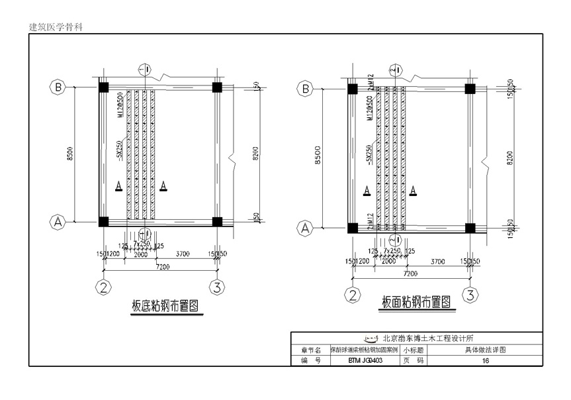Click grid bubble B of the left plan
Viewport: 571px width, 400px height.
point(58,87)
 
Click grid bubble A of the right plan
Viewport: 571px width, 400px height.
point(306,228)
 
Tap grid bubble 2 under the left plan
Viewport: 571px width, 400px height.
point(104,287)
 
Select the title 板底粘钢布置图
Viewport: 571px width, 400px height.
point(165,306)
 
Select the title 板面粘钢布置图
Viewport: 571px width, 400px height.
point(416,303)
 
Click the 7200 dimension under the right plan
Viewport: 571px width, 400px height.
point(410,273)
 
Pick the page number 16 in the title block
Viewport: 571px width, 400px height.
point(486,361)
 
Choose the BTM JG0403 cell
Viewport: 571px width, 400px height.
point(365,361)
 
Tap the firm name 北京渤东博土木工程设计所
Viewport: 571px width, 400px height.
point(423,338)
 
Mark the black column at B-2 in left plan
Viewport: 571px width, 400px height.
point(104,87)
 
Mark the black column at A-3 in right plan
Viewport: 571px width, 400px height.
point(470,228)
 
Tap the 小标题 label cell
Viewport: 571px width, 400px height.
point(413,350)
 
